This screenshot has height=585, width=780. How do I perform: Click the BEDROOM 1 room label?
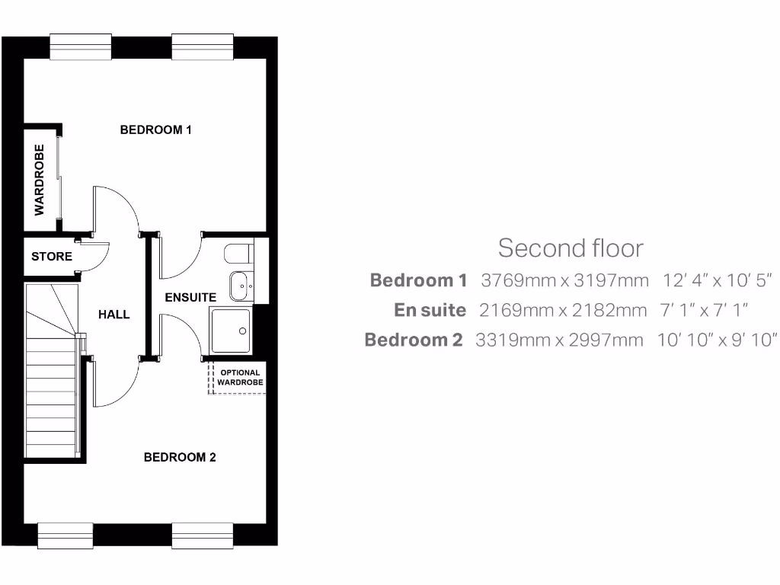pos(155,129)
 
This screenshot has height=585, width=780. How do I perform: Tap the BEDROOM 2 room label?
pos(180,457)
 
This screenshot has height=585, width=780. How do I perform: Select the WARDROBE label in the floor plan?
pos(40,178)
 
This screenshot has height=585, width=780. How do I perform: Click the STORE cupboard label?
pos(52,257)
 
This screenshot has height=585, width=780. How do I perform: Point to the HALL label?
pos(113,314)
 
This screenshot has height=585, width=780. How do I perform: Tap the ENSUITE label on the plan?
pos(190,297)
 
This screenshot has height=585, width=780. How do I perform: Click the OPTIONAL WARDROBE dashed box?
pos(239,378)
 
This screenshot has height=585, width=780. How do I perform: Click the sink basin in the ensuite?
pos(241,286)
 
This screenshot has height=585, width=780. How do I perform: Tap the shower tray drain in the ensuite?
pos(243,331)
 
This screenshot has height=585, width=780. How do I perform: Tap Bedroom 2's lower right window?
pos(202,535)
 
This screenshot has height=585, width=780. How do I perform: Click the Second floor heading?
pos(571,248)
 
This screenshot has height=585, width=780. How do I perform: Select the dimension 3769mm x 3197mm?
pos(564,280)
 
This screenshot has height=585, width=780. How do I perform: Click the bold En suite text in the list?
pos(430,310)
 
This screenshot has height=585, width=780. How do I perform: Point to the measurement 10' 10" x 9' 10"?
pos(717,340)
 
